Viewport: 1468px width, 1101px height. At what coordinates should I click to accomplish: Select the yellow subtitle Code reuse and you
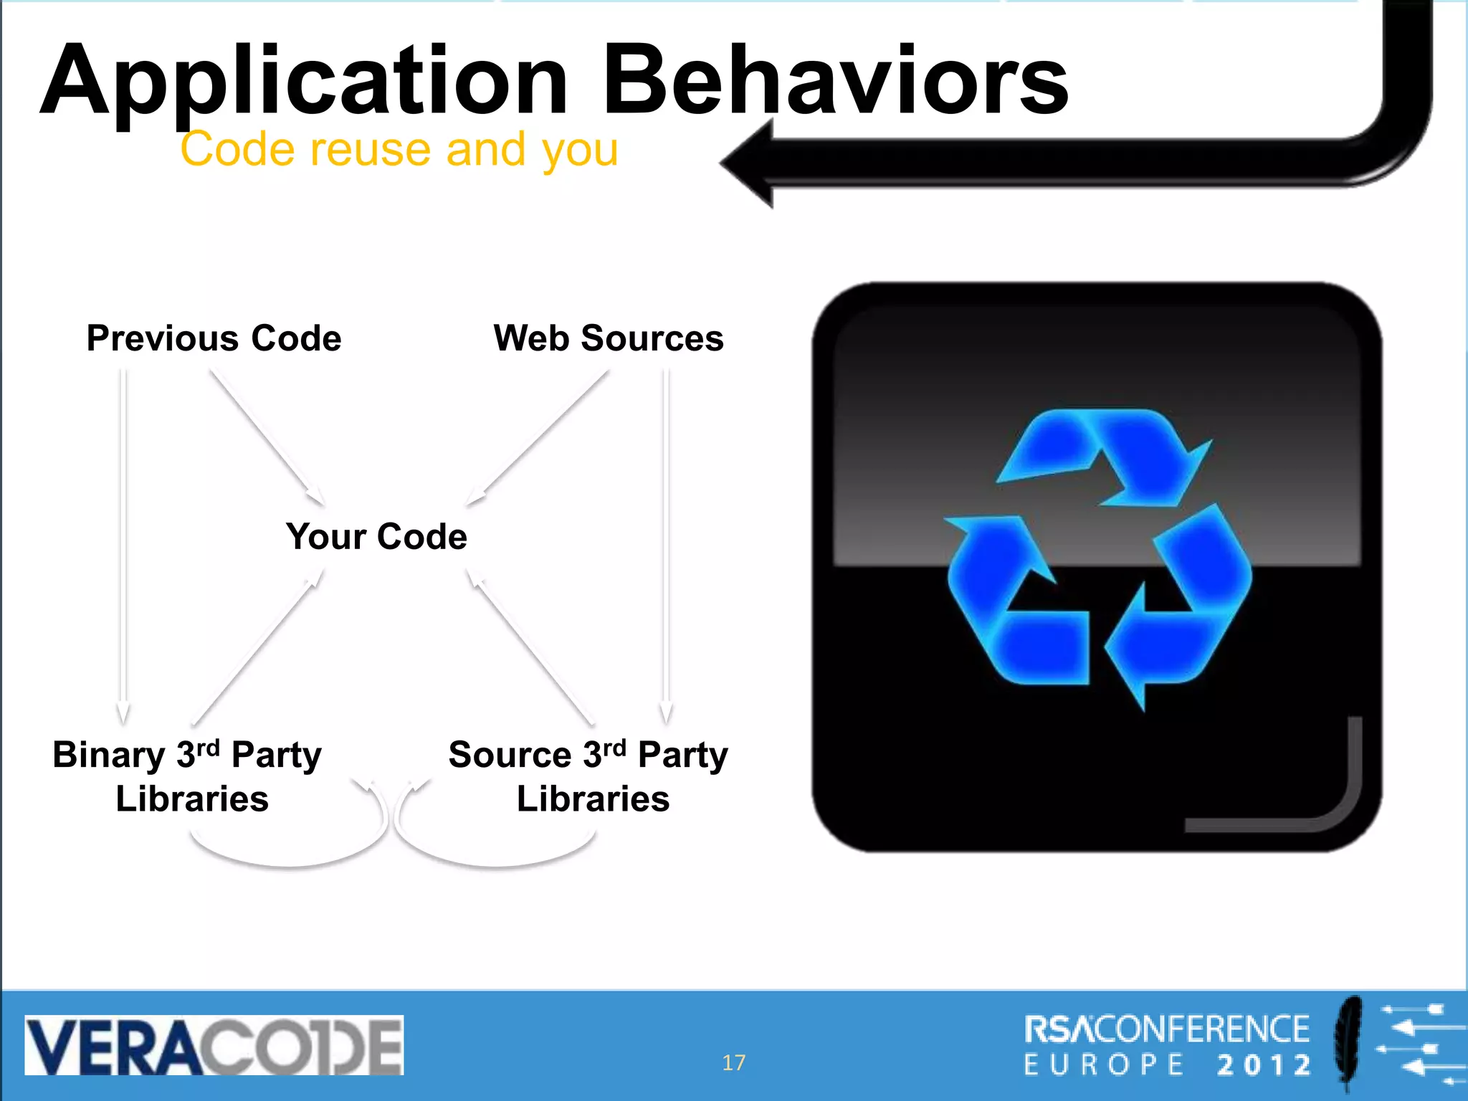pos(399,150)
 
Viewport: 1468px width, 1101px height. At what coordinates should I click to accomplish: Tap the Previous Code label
pos(214,338)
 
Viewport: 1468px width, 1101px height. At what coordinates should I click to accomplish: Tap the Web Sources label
pos(609,338)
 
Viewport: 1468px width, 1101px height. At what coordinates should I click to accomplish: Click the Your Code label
pos(376,537)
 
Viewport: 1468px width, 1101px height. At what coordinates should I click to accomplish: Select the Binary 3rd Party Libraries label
pos(188,776)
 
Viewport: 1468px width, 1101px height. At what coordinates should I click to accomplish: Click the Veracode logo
pos(214,1045)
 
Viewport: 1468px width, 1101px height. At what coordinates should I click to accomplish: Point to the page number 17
pos(733,1062)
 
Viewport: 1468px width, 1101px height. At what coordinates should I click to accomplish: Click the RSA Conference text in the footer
pos(1166,1029)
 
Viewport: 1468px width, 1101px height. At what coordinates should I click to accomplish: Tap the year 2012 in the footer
pos(1265,1065)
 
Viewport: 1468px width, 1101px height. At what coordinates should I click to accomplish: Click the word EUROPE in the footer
pos(1104,1065)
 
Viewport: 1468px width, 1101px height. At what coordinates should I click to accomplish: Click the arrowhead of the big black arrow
pos(749,163)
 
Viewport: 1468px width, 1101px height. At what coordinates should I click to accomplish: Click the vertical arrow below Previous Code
pos(123,545)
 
